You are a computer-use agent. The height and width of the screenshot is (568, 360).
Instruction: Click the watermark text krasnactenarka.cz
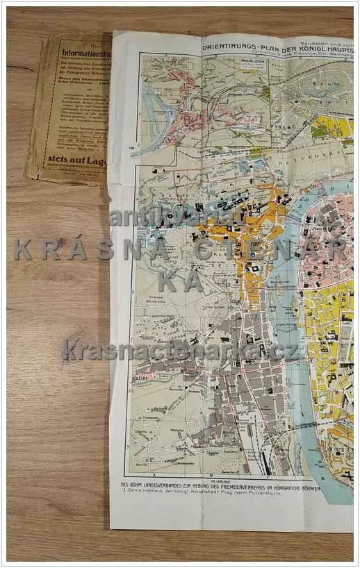(x=181, y=349)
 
